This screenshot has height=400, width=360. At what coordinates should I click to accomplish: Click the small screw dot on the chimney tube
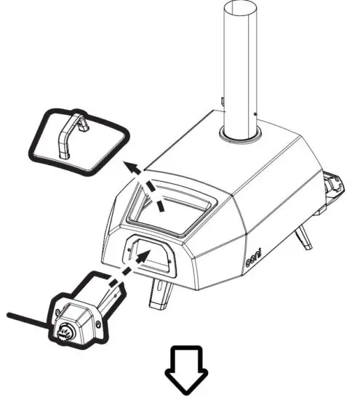pyautogui.click(x=254, y=113)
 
